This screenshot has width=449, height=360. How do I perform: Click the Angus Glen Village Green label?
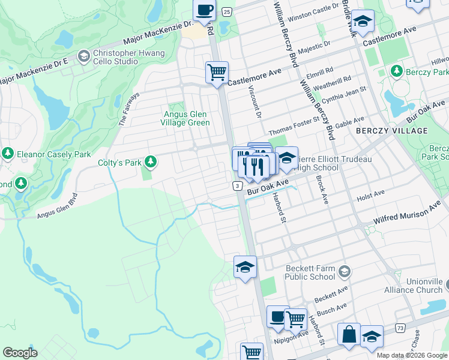[x=188, y=118]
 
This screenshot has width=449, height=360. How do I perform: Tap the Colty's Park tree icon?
[x=151, y=162]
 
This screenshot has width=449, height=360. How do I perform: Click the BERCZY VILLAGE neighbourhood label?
[x=391, y=130]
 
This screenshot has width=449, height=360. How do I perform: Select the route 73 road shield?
[x=400, y=328]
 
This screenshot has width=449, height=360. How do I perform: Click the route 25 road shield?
[x=226, y=11]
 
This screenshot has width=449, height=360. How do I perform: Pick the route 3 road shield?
[x=238, y=187]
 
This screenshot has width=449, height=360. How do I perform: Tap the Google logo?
[x=20, y=352]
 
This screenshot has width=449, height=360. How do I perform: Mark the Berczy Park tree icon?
[x=396, y=72]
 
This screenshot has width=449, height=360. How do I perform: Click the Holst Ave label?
[x=370, y=194]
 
